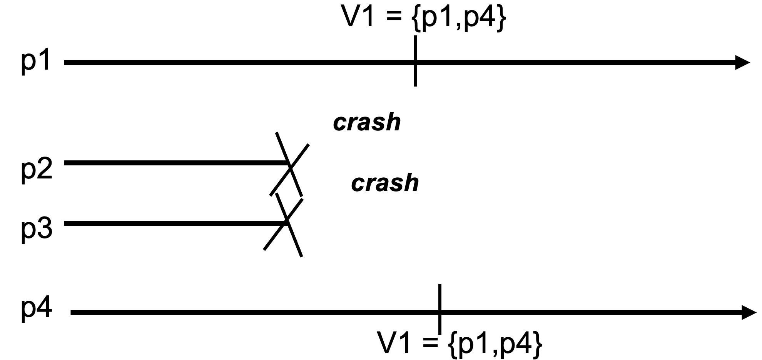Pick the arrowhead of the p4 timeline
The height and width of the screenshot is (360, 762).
click(x=749, y=312)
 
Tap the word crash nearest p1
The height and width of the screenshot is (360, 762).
click(x=366, y=122)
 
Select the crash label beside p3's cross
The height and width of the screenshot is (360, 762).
click(x=384, y=183)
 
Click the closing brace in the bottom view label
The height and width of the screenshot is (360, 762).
click(x=538, y=343)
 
